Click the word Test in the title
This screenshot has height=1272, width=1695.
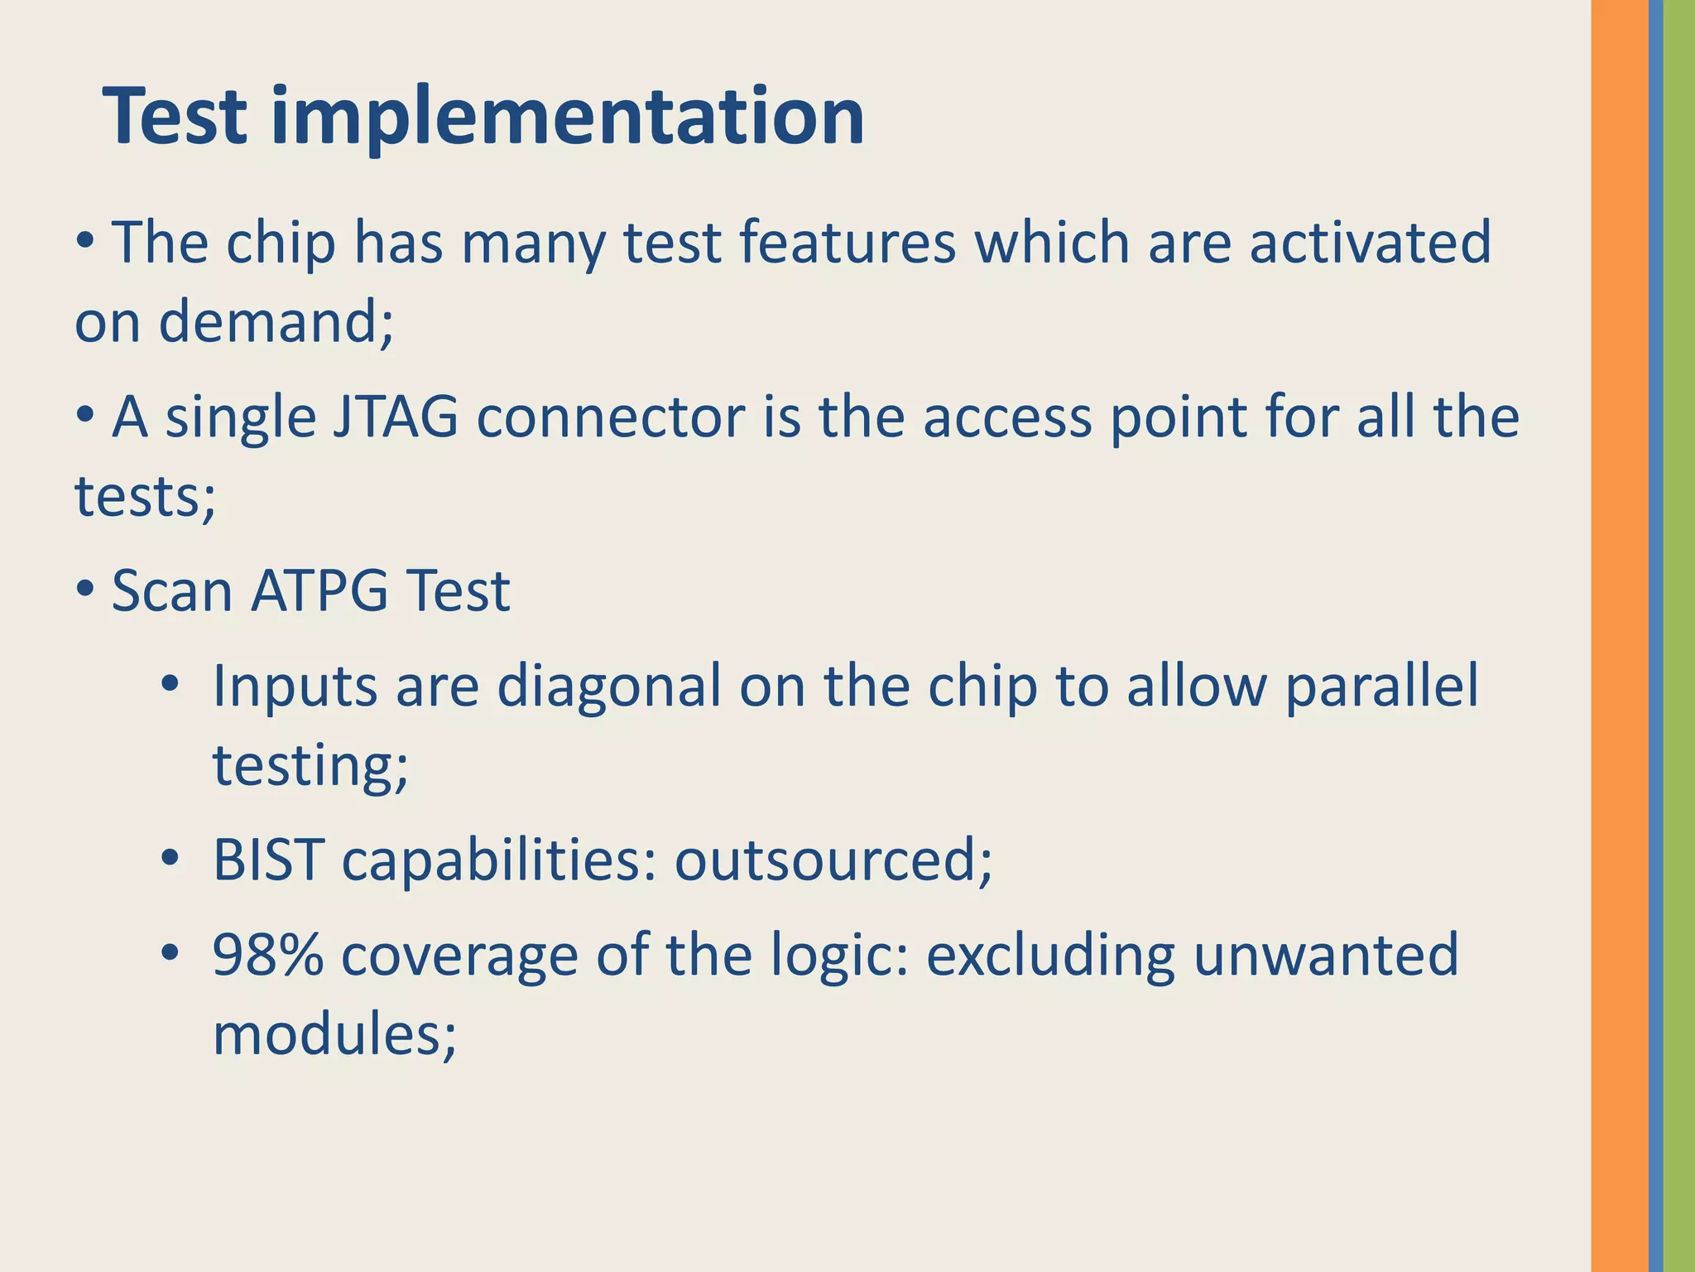tap(175, 117)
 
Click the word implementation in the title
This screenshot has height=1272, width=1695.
tap(568, 117)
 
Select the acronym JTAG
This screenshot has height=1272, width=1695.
tap(395, 417)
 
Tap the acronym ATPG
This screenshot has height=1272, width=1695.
tap(319, 591)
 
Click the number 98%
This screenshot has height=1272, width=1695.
tap(267, 955)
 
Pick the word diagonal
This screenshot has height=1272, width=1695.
tap(608, 687)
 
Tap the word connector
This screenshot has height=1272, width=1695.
tap(611, 417)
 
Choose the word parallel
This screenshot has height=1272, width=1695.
tap(1380, 687)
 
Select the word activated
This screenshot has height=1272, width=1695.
tap(1369, 243)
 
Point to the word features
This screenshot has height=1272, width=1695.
tap(847, 243)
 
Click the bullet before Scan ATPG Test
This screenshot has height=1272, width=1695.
tap(84, 590)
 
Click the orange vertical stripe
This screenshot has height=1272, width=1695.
tap(1619, 636)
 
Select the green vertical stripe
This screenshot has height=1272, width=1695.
tap(1679, 636)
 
